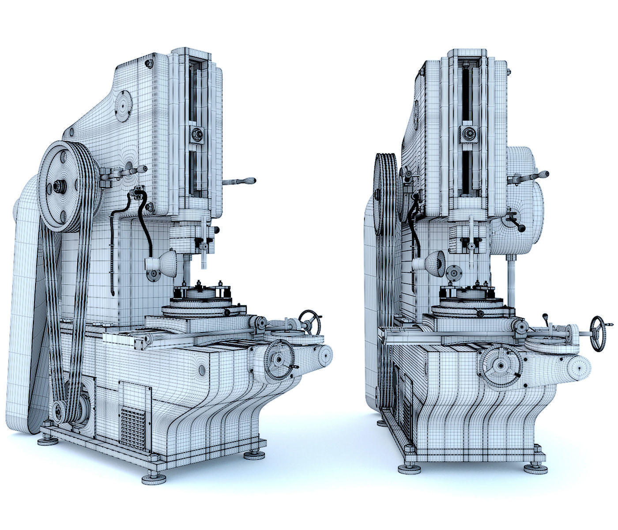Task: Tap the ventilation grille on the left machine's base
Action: tap(133, 427)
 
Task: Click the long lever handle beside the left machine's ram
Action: tap(241, 181)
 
